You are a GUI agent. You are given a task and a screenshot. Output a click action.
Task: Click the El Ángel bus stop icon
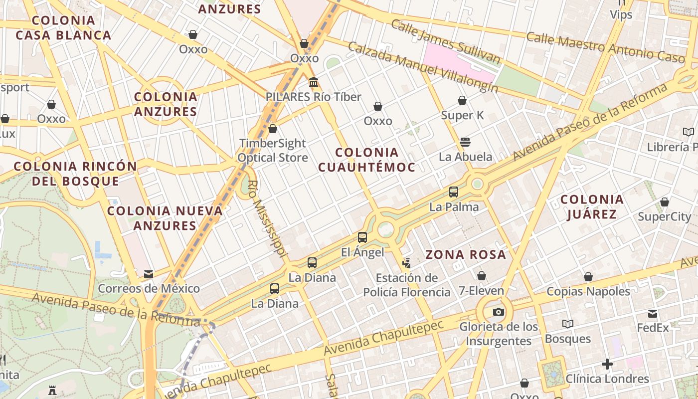point(362,237)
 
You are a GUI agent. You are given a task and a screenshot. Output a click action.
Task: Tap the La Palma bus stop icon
point(454,192)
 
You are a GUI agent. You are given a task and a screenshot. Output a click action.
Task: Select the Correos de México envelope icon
point(149,274)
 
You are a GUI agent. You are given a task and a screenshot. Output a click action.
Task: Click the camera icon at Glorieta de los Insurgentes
point(498,312)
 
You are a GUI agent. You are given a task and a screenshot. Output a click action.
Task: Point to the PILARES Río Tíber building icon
point(314,82)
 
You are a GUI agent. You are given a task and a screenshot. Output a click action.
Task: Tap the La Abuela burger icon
point(465,142)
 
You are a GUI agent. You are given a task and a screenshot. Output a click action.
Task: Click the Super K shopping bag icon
point(462,100)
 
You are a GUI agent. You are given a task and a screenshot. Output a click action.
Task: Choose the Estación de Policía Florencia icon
point(407,263)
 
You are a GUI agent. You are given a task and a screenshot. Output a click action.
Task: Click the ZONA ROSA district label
point(466,255)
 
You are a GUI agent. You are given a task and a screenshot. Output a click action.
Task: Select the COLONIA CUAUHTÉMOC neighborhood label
point(366,160)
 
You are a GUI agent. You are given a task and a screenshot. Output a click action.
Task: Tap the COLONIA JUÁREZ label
point(592,207)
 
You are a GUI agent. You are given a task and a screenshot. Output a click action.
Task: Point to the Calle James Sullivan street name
point(445,42)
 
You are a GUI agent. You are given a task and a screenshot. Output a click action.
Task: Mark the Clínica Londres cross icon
point(607,364)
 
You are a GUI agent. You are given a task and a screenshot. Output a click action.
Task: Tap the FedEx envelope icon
point(653,314)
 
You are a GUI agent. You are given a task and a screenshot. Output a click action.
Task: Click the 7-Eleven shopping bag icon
point(482,276)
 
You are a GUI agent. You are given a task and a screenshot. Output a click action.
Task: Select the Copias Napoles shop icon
point(588,277)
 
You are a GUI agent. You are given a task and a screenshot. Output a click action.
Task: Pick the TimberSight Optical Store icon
point(273,129)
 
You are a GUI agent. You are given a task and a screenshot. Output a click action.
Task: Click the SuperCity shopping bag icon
point(665,202)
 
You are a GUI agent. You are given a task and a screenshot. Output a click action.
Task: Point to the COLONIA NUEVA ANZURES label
point(165,218)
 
